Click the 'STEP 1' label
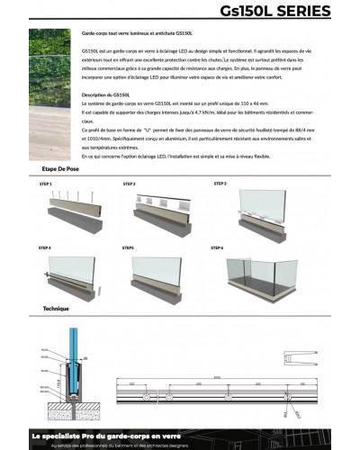(x=46, y=183)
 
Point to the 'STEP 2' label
(x=128, y=183)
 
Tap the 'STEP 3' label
(x=220, y=183)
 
